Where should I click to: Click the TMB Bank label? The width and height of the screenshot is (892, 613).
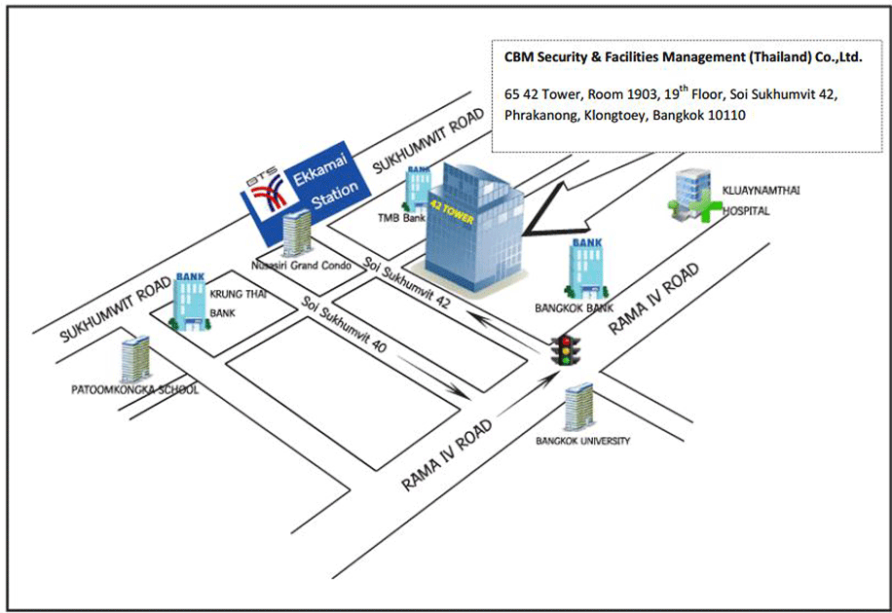pos(401,219)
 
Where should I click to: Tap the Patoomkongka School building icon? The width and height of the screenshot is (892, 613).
pos(136,360)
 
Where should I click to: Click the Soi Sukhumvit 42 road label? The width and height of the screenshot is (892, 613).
pos(406,282)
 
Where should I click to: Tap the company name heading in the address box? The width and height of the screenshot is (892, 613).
pos(683,57)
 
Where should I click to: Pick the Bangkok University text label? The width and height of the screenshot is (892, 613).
pos(582,442)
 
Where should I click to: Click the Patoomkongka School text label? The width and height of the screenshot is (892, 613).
pos(135,390)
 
